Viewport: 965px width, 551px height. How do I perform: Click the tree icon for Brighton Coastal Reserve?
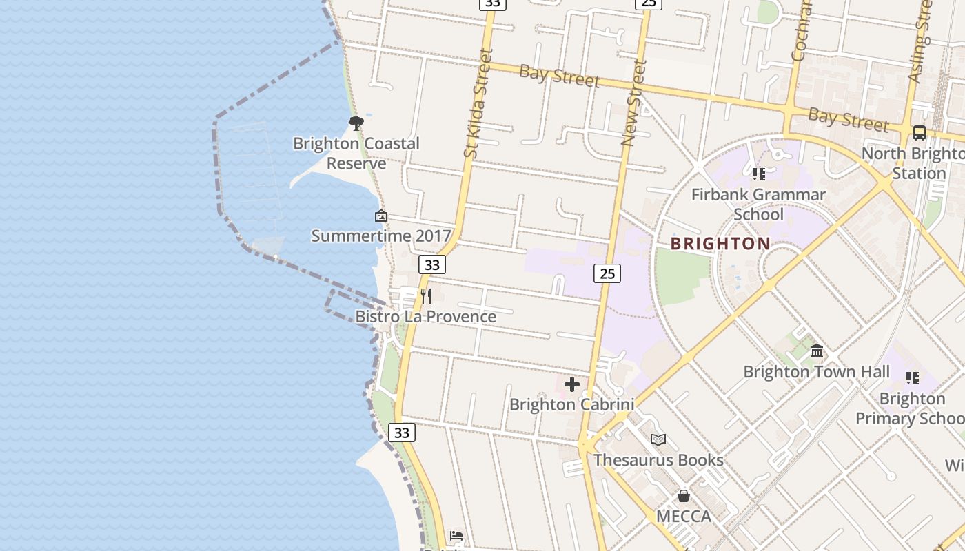(356, 123)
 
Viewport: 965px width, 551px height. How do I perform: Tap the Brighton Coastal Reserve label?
(356, 154)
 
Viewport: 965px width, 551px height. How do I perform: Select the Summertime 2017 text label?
(381, 236)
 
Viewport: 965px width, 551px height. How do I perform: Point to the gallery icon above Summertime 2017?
(381, 216)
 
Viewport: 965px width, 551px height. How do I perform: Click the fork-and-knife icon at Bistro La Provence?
(426, 296)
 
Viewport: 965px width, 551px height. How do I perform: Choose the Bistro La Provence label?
(425, 317)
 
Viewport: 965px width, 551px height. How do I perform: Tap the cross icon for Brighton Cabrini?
(571, 384)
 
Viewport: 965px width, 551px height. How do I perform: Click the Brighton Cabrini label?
(571, 405)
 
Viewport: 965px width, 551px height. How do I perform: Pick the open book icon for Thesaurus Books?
(658, 439)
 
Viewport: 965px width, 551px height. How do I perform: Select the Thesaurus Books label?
(658, 460)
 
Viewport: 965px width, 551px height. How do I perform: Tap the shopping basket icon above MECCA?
(683, 496)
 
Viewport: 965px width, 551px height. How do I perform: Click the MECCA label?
(683, 517)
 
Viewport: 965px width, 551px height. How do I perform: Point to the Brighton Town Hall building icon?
(817, 351)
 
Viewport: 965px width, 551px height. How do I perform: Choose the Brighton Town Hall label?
(817, 372)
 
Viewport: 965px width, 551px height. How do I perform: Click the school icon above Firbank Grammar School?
(759, 174)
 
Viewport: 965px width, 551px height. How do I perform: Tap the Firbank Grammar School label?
(758, 205)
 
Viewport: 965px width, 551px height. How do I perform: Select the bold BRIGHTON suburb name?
(720, 244)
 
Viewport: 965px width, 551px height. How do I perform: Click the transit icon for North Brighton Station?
(919, 133)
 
